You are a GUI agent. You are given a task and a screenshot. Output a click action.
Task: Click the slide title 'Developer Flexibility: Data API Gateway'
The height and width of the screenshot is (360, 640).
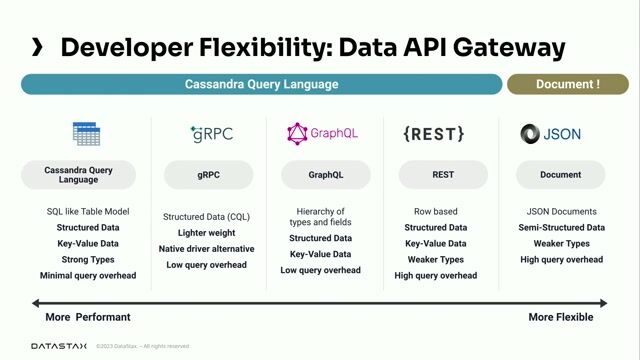313,46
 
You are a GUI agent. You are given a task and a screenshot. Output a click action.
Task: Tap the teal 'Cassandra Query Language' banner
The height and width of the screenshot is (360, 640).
262,84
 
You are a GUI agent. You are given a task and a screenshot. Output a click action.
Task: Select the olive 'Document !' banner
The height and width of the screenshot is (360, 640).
567,84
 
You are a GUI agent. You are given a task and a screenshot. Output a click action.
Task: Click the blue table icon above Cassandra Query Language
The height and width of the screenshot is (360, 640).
86,133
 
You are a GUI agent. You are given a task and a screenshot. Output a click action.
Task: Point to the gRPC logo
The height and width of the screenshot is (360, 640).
210,133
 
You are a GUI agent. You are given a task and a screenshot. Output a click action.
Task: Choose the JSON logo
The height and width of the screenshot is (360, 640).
551,133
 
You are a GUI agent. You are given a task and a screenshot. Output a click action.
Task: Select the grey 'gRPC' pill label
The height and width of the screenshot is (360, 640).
208,175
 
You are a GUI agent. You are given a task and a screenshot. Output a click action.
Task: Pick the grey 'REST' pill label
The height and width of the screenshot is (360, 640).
443,175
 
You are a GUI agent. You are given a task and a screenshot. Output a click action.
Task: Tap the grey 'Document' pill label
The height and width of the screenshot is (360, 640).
561,175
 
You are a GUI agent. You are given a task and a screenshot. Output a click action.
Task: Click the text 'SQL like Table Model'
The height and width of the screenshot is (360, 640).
88,212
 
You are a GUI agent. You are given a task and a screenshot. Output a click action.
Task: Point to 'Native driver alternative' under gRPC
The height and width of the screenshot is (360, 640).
208,248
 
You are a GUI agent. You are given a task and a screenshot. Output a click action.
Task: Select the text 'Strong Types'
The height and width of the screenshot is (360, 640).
88,259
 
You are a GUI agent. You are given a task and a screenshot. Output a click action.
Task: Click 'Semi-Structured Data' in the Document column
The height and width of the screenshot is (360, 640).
561,227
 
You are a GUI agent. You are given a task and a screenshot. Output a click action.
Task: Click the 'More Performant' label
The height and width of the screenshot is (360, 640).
88,317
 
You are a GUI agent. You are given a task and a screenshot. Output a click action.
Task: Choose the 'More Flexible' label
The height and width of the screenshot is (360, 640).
560,317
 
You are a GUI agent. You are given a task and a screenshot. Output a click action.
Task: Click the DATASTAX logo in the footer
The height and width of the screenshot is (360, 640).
58,346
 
